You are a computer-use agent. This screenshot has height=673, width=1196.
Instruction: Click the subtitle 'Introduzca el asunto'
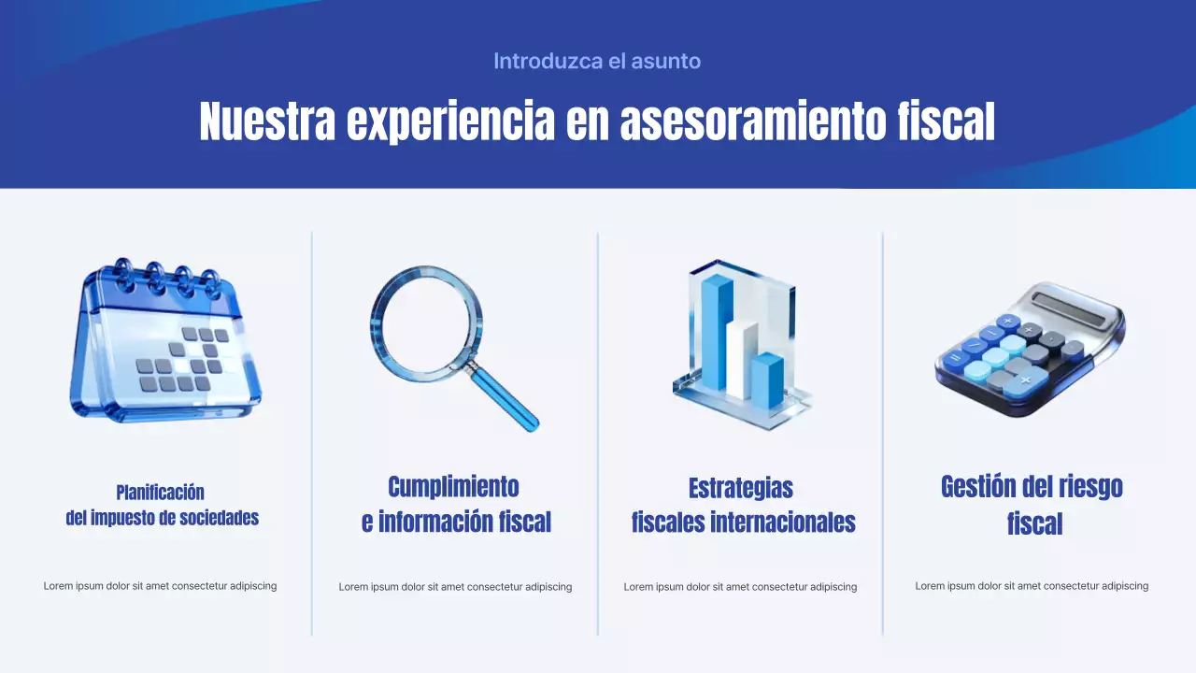[597, 62]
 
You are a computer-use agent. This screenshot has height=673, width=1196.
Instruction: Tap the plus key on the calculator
[1025, 380]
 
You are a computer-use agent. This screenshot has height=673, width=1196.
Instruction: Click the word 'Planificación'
[161, 493]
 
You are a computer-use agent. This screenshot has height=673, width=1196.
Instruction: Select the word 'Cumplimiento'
[453, 487]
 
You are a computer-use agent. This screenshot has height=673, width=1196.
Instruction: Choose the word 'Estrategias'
[741, 488]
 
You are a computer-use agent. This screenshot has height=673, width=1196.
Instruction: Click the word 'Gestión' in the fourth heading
[977, 487]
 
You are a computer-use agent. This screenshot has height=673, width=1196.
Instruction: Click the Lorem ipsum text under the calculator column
[1032, 586]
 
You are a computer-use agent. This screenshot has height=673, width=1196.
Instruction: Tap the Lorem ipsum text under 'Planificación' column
[160, 586]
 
